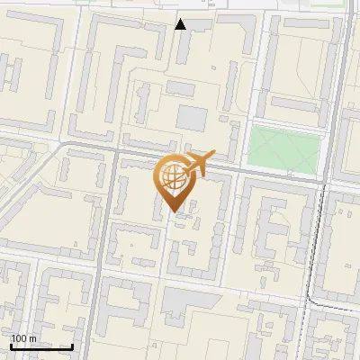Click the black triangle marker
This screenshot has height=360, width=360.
pyautogui.click(x=181, y=24)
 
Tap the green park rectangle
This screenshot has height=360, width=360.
pyautogui.click(x=284, y=148)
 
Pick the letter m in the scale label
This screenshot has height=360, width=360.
pyautogui.click(x=32, y=338)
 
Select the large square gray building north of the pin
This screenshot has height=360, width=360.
pyautogui.click(x=191, y=118)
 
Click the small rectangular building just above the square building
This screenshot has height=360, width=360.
pyautogui.click(x=181, y=90)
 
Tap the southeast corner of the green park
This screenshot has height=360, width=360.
pyautogui.click(x=319, y=173)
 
